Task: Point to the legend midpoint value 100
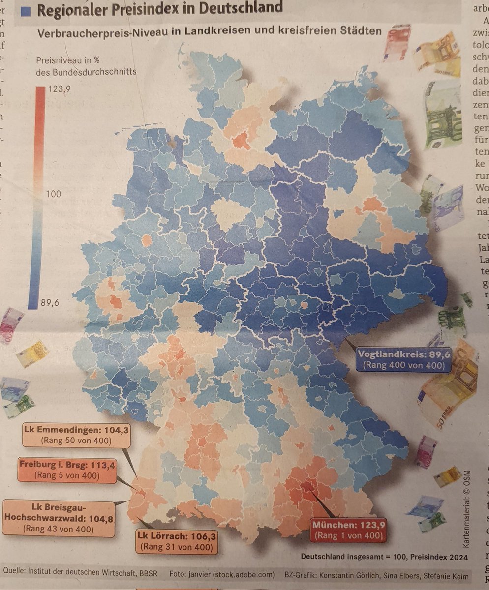(54, 194)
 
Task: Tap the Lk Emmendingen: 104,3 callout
(76, 435)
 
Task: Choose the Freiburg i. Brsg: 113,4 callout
(66, 470)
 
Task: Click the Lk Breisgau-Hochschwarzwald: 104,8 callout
(59, 519)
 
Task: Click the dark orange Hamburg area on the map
(241, 141)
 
